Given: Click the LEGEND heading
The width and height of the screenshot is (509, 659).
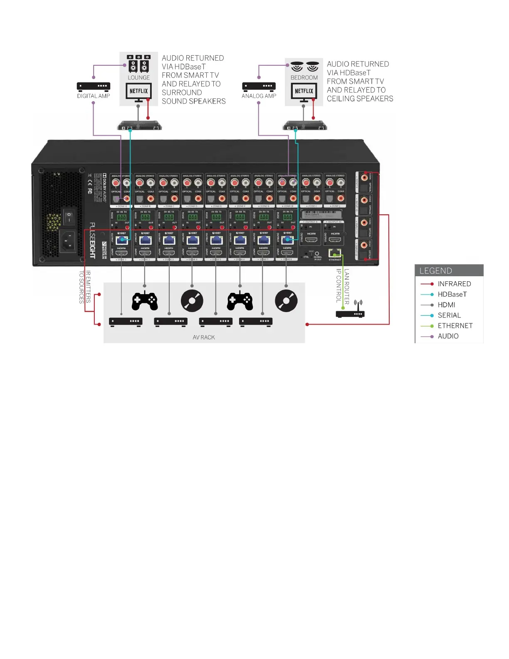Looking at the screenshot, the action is click(435, 271).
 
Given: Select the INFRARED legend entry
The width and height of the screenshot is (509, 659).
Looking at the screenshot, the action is click(454, 284).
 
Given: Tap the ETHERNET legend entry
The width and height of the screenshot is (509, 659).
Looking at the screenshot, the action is click(455, 326).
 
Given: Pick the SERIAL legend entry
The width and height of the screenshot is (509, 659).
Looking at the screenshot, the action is click(449, 315).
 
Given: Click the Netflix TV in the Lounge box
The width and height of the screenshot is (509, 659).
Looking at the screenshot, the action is click(138, 92).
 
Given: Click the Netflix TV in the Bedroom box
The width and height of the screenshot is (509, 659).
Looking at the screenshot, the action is click(304, 92).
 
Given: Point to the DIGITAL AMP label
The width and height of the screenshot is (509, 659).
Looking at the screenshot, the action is click(94, 96).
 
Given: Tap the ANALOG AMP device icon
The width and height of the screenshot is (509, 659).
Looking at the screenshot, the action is click(259, 86).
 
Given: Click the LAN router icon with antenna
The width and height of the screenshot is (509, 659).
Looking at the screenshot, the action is click(350, 311).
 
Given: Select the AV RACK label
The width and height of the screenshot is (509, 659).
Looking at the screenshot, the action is click(204, 337).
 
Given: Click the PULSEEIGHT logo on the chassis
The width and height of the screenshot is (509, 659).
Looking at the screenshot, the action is click(92, 240).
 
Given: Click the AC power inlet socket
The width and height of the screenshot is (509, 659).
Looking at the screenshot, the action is click(68, 241).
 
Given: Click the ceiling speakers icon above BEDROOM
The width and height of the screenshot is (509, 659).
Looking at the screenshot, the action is click(304, 66).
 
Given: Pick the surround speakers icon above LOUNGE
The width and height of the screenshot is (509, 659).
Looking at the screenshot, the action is click(138, 64).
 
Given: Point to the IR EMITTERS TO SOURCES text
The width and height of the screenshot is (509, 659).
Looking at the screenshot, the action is click(85, 287).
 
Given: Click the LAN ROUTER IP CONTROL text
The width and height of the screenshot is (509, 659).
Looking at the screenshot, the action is click(343, 286).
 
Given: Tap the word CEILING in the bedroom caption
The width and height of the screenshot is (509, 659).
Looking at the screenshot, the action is click(340, 99).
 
